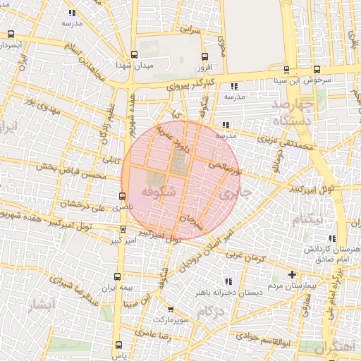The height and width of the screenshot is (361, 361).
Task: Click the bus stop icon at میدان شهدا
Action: (x=135, y=54)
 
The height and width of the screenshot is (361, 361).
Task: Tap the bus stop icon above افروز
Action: (x=204, y=56)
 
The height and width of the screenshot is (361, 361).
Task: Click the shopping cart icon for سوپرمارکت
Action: (x=171, y=309)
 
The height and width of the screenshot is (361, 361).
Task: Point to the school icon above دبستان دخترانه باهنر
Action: (x=227, y=281)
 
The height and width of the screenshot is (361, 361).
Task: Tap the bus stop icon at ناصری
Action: (x=123, y=195)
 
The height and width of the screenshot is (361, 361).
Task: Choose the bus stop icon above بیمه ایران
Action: (x=118, y=277)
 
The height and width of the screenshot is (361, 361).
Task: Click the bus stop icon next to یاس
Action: (x=118, y=345)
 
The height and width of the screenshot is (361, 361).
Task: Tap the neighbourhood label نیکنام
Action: (x=309, y=219)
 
